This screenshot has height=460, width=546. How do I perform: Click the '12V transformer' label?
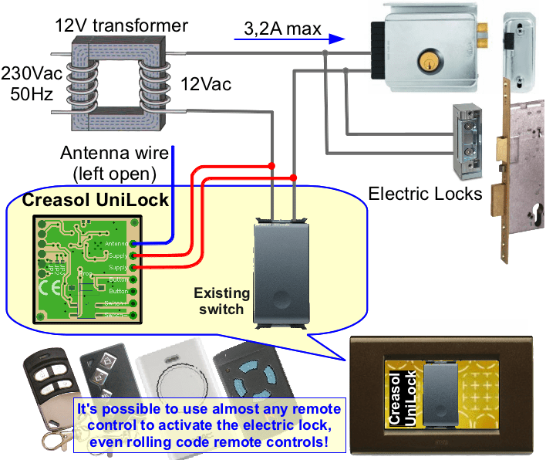[121, 25]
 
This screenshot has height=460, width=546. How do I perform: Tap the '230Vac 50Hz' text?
[27, 86]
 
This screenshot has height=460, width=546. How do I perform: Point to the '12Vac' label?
[206, 84]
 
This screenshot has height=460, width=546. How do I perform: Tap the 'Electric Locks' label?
[425, 193]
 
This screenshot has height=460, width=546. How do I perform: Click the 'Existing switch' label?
[221, 301]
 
